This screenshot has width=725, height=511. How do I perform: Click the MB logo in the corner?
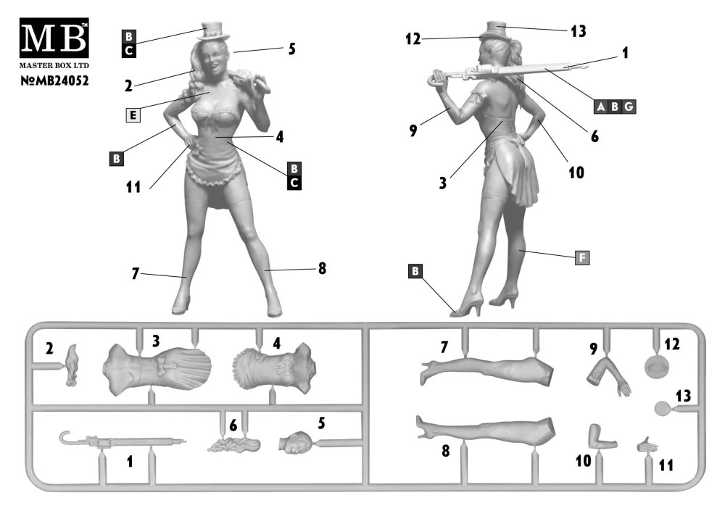(x=54, y=38)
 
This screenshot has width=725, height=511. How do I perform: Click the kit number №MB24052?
(x=54, y=81)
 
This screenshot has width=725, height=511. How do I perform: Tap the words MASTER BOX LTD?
(x=54, y=66)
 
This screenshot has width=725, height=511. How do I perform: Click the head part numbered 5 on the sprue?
(x=295, y=441)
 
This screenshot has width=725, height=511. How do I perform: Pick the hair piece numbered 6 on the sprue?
(x=234, y=445)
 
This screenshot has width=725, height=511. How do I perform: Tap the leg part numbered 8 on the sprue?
(x=485, y=428)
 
